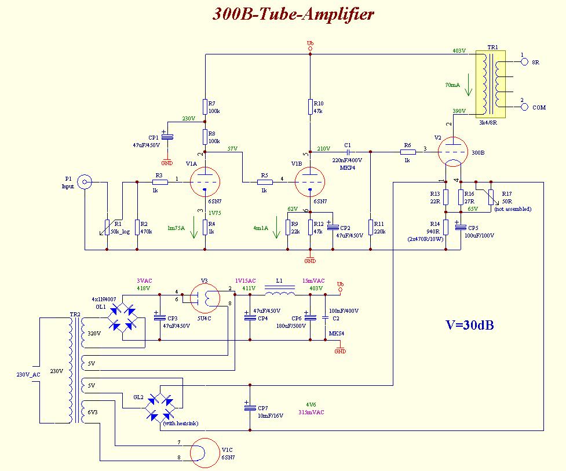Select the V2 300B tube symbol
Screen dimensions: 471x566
tap(454, 152)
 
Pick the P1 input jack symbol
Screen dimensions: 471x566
tap(85, 182)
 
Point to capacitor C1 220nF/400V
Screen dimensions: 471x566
tap(348, 152)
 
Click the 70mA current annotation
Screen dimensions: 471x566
tap(453, 85)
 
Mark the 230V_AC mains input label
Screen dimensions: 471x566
tap(28, 374)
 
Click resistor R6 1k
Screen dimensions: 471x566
tap(407, 152)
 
